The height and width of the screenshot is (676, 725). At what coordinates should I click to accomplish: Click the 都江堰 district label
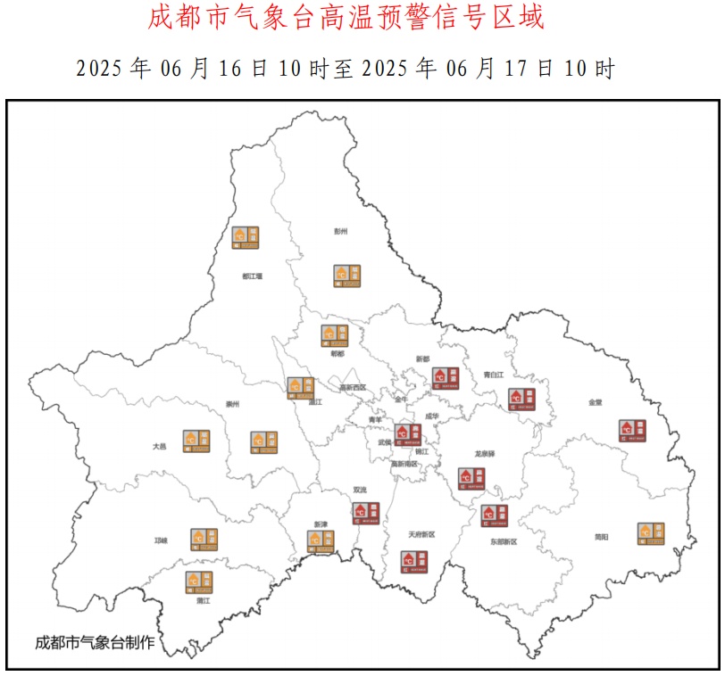pyautogui.click(x=252, y=276)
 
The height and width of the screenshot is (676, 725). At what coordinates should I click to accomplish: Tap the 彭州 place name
pyautogui.click(x=340, y=231)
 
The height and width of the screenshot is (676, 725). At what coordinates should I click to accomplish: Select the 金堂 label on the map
pyautogui.click(x=595, y=402)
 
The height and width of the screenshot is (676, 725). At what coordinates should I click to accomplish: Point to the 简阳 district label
pyautogui.click(x=602, y=536)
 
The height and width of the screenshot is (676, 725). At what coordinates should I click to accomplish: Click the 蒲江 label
pyautogui.click(x=203, y=601)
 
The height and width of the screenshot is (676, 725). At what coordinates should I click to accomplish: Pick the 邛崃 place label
pyautogui.click(x=162, y=540)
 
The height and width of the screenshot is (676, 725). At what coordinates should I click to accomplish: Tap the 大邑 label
pyautogui.click(x=160, y=445)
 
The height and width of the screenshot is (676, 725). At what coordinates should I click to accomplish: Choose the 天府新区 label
pyautogui.click(x=421, y=534)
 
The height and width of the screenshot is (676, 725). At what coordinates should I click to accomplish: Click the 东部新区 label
pyautogui.click(x=503, y=541)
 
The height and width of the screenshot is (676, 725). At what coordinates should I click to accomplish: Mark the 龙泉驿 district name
pyautogui.click(x=485, y=454)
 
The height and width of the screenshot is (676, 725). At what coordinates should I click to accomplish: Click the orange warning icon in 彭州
pyautogui.click(x=346, y=275)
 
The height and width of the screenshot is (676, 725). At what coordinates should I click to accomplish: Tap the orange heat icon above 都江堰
pyautogui.click(x=246, y=236)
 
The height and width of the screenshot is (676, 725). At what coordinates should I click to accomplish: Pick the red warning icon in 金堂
pyautogui.click(x=632, y=430)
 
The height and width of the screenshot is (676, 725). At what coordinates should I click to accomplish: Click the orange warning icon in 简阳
pyautogui.click(x=651, y=533)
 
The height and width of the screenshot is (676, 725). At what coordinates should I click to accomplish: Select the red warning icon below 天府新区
pyautogui.click(x=414, y=561)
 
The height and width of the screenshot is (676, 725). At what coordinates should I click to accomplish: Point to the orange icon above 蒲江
pyautogui.click(x=199, y=581)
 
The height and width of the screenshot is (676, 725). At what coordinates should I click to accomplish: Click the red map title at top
pyautogui.click(x=345, y=18)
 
